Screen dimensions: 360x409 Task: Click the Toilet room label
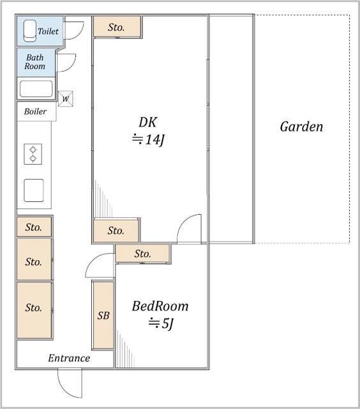pyautogui.click(x=48, y=31)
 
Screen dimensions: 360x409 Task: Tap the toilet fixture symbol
pyautogui.click(x=30, y=31)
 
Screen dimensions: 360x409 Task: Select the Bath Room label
pyautogui.click(x=35, y=61)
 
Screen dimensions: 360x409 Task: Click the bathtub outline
pyautogui.click(x=36, y=89)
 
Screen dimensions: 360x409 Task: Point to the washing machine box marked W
pyautogui.click(x=65, y=98)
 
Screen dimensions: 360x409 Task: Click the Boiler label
pyautogui.click(x=35, y=111)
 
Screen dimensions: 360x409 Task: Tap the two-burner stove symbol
pyautogui.click(x=33, y=154)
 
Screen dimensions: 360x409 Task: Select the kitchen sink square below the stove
pyautogui.click(x=34, y=190)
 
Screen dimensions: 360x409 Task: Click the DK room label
pyautogui.click(x=147, y=122)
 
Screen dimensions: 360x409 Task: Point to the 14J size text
pyautogui.click(x=148, y=139)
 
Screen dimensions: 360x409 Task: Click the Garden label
pyautogui.click(x=301, y=127)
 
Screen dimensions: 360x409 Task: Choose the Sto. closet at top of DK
pyautogui.click(x=117, y=27)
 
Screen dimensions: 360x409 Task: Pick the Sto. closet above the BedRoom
pyautogui.click(x=143, y=253)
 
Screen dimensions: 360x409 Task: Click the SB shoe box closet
pyautogui.click(x=103, y=315)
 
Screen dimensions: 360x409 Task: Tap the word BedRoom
pyautogui.click(x=160, y=306)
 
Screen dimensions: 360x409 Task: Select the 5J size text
pyautogui.click(x=161, y=324)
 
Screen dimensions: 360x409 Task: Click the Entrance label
pyautogui.click(x=69, y=358)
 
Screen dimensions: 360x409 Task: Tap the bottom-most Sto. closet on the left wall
pyautogui.click(x=34, y=310)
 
